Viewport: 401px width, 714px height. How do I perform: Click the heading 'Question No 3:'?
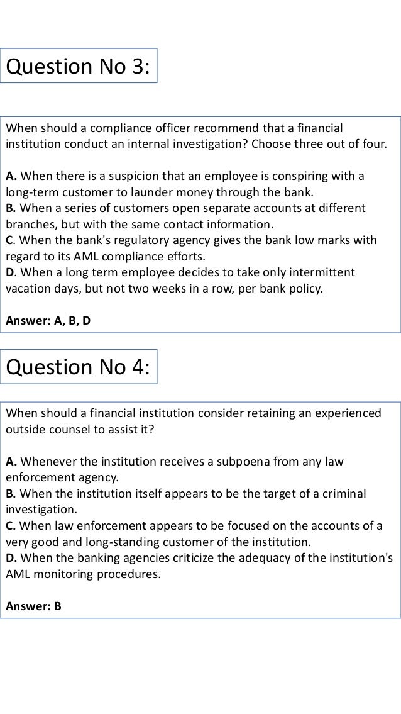click(x=78, y=66)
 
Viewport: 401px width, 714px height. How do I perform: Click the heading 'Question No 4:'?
click(x=78, y=367)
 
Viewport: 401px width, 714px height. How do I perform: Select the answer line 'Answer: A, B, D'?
click(x=48, y=321)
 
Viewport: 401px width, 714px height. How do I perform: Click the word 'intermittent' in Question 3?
click(x=323, y=272)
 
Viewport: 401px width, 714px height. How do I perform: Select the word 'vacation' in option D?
click(x=28, y=289)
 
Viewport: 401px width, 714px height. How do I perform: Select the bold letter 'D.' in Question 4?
click(x=11, y=558)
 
